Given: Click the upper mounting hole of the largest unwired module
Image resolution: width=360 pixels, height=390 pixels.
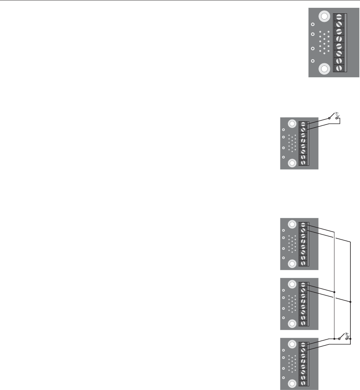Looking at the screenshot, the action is tap(325, 17).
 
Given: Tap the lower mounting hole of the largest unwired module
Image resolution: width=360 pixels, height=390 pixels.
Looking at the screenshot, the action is tap(325, 69).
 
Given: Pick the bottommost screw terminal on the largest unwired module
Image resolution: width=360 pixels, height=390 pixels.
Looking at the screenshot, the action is tap(339, 68).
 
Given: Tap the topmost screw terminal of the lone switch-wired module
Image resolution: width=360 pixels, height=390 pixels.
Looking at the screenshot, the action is tap(303, 124).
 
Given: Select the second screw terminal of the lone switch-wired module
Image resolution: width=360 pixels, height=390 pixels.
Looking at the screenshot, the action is tap(303, 130).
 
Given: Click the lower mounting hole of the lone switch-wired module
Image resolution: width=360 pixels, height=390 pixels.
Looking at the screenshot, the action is tap(292, 162).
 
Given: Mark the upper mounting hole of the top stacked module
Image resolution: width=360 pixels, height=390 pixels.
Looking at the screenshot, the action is tap(292, 224).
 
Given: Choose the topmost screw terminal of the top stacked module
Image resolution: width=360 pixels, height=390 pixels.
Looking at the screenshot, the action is tap(303, 225).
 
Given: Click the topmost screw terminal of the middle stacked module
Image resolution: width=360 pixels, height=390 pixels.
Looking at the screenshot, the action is tap(303, 285).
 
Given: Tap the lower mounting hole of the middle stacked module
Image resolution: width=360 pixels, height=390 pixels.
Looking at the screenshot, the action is tap(292, 324).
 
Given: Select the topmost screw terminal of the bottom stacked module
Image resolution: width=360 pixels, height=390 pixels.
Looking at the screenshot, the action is tap(303, 345).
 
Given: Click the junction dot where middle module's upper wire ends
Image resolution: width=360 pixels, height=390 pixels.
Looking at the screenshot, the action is tap(334, 292).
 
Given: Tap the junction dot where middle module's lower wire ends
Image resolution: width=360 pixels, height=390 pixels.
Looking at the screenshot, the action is tap(350, 302).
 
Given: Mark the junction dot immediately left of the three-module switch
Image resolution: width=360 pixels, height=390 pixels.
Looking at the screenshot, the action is tap(334, 339).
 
